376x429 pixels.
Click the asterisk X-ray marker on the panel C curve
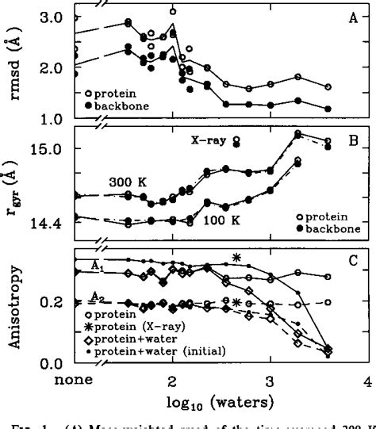[236, 257]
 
